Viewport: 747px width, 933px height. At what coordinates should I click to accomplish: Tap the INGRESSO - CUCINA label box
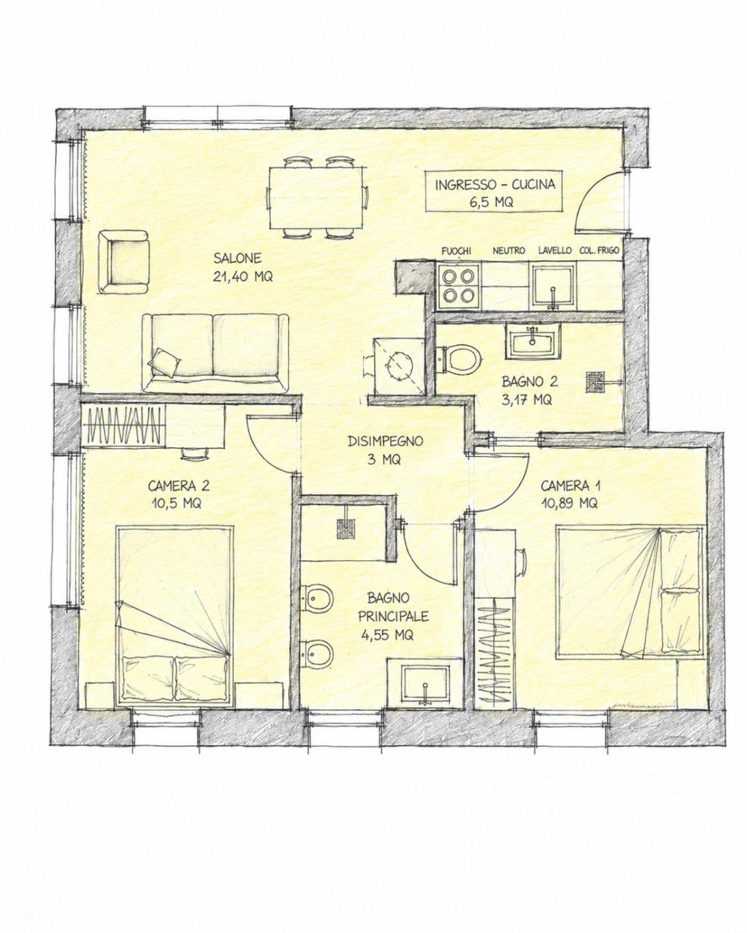(495, 191)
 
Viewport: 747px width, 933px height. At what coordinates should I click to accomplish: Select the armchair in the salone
(123, 263)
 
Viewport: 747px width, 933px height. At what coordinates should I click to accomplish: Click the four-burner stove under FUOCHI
(458, 286)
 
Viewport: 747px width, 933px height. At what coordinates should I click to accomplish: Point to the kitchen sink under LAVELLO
(552, 286)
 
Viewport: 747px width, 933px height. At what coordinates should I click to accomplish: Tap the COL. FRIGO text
(599, 251)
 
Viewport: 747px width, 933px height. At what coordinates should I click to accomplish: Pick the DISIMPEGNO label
(386, 441)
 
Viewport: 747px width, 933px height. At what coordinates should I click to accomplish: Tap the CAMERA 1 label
(570, 486)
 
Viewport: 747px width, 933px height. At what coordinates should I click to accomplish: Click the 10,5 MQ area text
(176, 503)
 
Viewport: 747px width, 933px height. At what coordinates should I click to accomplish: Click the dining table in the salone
(315, 198)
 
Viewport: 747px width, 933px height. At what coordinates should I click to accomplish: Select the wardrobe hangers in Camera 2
(124, 425)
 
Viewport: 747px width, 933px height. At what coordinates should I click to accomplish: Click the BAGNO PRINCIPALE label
(395, 616)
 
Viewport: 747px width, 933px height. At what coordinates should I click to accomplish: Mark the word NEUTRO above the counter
(508, 251)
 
